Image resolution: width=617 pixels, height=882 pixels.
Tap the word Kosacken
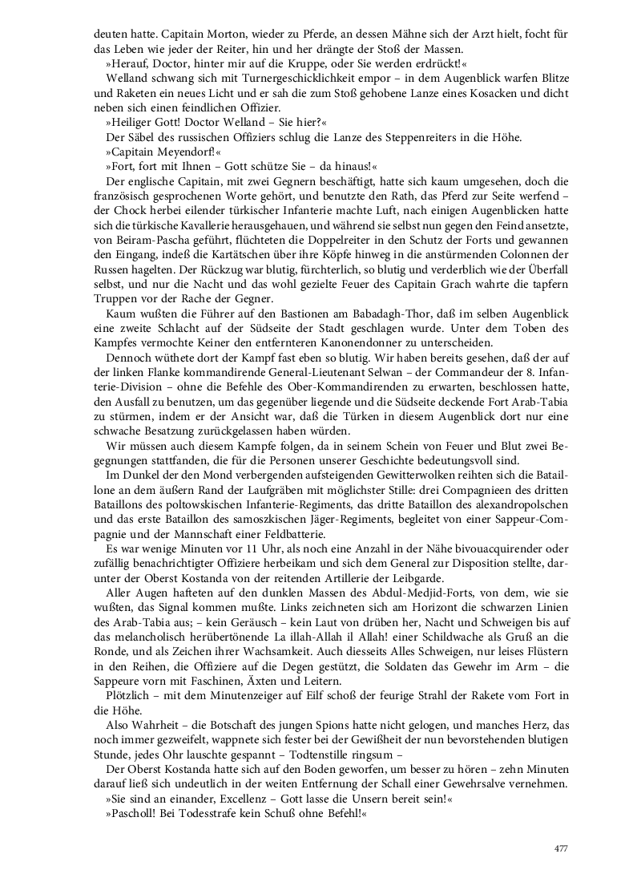click(x=442, y=94)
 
